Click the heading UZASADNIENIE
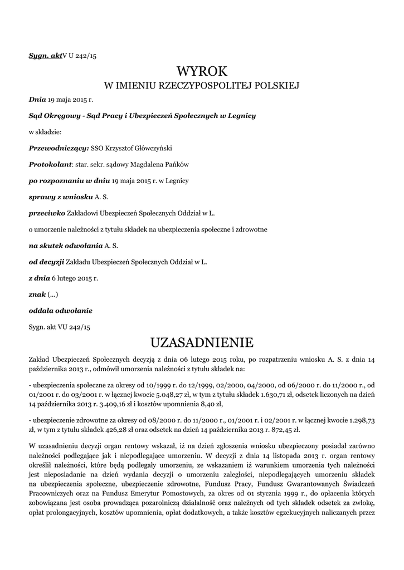coord(202,341)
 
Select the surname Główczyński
coord(151,149)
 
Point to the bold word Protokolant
coord(51,165)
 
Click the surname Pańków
coord(177,165)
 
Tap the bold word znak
coord(37,294)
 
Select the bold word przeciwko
coord(46,213)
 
